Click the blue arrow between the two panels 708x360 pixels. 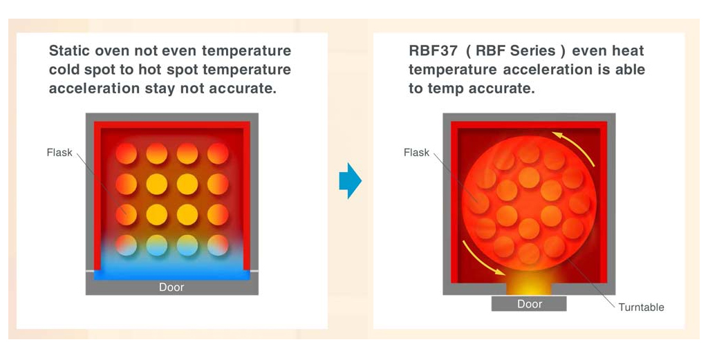pyautogui.click(x=351, y=180)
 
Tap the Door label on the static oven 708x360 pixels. pyautogui.click(x=171, y=287)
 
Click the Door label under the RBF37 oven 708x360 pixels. pyautogui.click(x=530, y=304)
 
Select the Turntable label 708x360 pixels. pyautogui.click(x=641, y=307)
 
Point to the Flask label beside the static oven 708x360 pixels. pyautogui.click(x=59, y=153)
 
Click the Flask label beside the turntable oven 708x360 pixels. pyautogui.click(x=416, y=153)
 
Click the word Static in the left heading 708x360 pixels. pyautogui.click(x=70, y=50)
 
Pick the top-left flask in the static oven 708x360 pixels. pyautogui.click(x=127, y=153)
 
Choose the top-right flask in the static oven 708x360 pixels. pyautogui.click(x=218, y=153)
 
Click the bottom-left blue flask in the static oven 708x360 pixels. pyautogui.click(x=127, y=245)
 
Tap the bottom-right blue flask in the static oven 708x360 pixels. pyautogui.click(x=218, y=245)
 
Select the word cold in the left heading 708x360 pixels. pyautogui.click(x=66, y=70)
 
